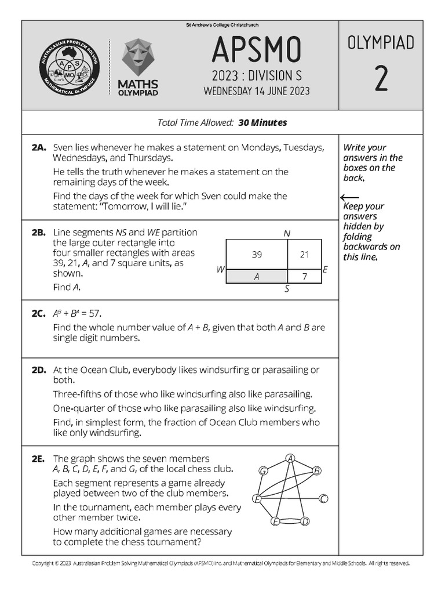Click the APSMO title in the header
coord(256,50)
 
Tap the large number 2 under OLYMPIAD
coord(380,79)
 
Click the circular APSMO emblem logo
coord(70,68)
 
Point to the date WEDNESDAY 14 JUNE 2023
coord(256,91)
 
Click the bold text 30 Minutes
coord(262,123)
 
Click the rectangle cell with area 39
coord(257,255)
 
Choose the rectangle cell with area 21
coord(304,255)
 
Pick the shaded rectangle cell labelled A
coord(257,277)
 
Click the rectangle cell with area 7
coord(304,277)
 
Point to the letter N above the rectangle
coord(287,233)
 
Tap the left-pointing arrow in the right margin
coord(351,197)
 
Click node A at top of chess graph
coord(291,459)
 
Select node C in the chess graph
coord(324,498)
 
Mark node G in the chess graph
coord(264,470)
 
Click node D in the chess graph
coord(305,521)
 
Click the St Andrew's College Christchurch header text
coord(222,25)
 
